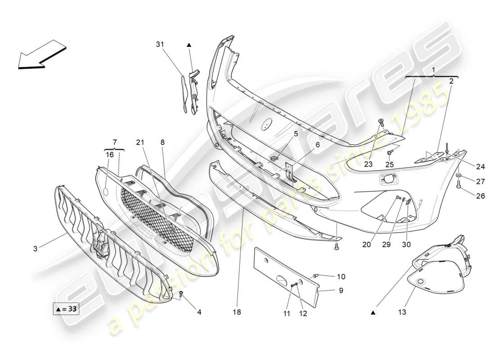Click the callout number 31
pyautogui.click(x=160, y=44)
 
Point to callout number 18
pyautogui.click(x=238, y=311)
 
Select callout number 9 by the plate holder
pyautogui.click(x=341, y=291)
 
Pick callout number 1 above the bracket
pyautogui.click(x=433, y=70)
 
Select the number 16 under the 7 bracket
pyautogui.click(x=110, y=154)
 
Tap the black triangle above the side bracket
pyautogui.click(x=189, y=45)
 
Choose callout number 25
pyautogui.click(x=390, y=165)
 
